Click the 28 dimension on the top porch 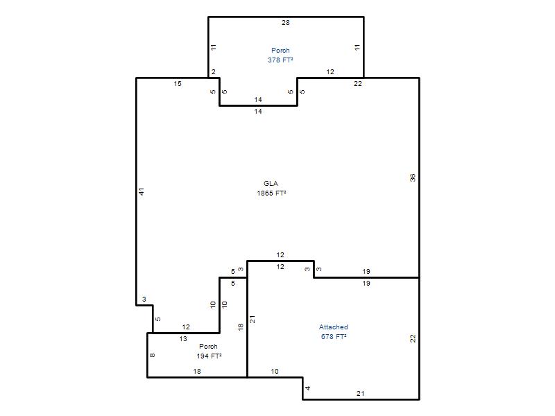(x=286, y=23)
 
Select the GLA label (x=271, y=183)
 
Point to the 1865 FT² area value (x=271, y=193)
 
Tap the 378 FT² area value (x=280, y=60)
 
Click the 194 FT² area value (x=210, y=356)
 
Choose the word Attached (x=334, y=327)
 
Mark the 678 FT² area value (x=334, y=337)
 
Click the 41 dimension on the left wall (x=142, y=192)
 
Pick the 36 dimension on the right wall (x=413, y=178)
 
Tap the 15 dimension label (x=178, y=84)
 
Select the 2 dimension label (x=214, y=72)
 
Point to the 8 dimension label (x=153, y=355)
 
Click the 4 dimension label (x=308, y=388)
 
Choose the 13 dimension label (x=183, y=339)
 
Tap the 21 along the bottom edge (x=360, y=393)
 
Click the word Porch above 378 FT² (x=280, y=50)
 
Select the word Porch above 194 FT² (x=208, y=346)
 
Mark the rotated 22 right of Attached (x=413, y=338)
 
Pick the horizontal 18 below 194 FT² (x=197, y=372)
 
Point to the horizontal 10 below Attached (x=275, y=372)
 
